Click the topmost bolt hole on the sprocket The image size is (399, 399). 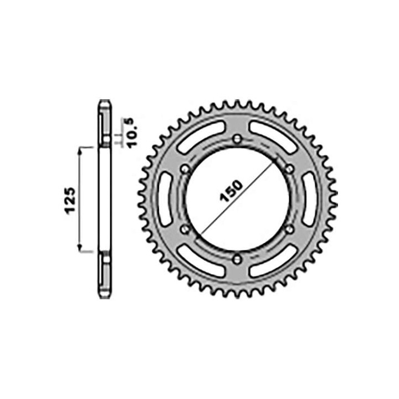tap(237, 139)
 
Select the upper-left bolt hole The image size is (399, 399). tap(185, 169)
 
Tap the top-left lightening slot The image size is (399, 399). tap(199, 135)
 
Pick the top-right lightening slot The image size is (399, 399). tap(275, 135)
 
